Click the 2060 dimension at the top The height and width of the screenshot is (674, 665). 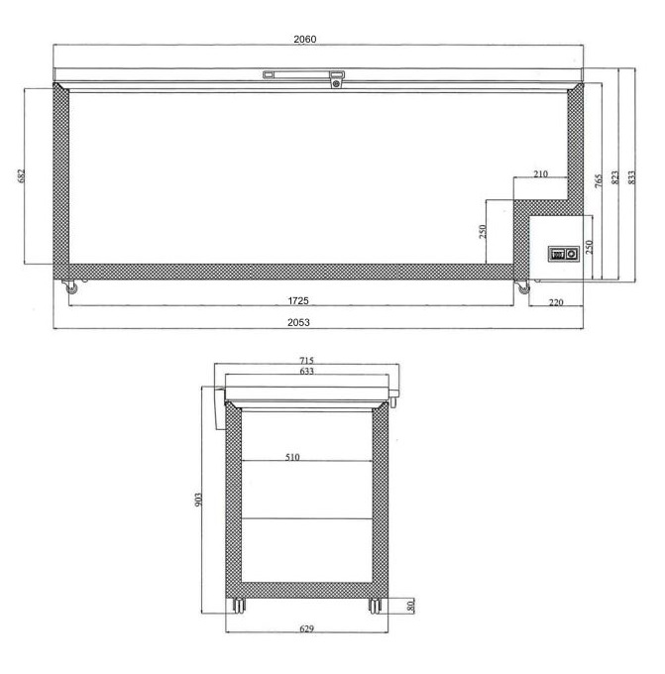click(305, 39)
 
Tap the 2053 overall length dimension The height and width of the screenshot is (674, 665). click(298, 322)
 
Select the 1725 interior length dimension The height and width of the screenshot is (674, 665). click(298, 301)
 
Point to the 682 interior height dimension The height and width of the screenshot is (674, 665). click(22, 175)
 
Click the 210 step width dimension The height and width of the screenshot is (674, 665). click(541, 173)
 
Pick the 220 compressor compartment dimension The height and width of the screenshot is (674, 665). click(556, 302)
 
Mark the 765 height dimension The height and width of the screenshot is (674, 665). click(599, 180)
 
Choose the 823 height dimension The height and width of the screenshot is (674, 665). click(615, 177)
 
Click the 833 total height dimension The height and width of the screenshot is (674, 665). click(631, 177)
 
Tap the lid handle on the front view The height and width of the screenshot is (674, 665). click(304, 76)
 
